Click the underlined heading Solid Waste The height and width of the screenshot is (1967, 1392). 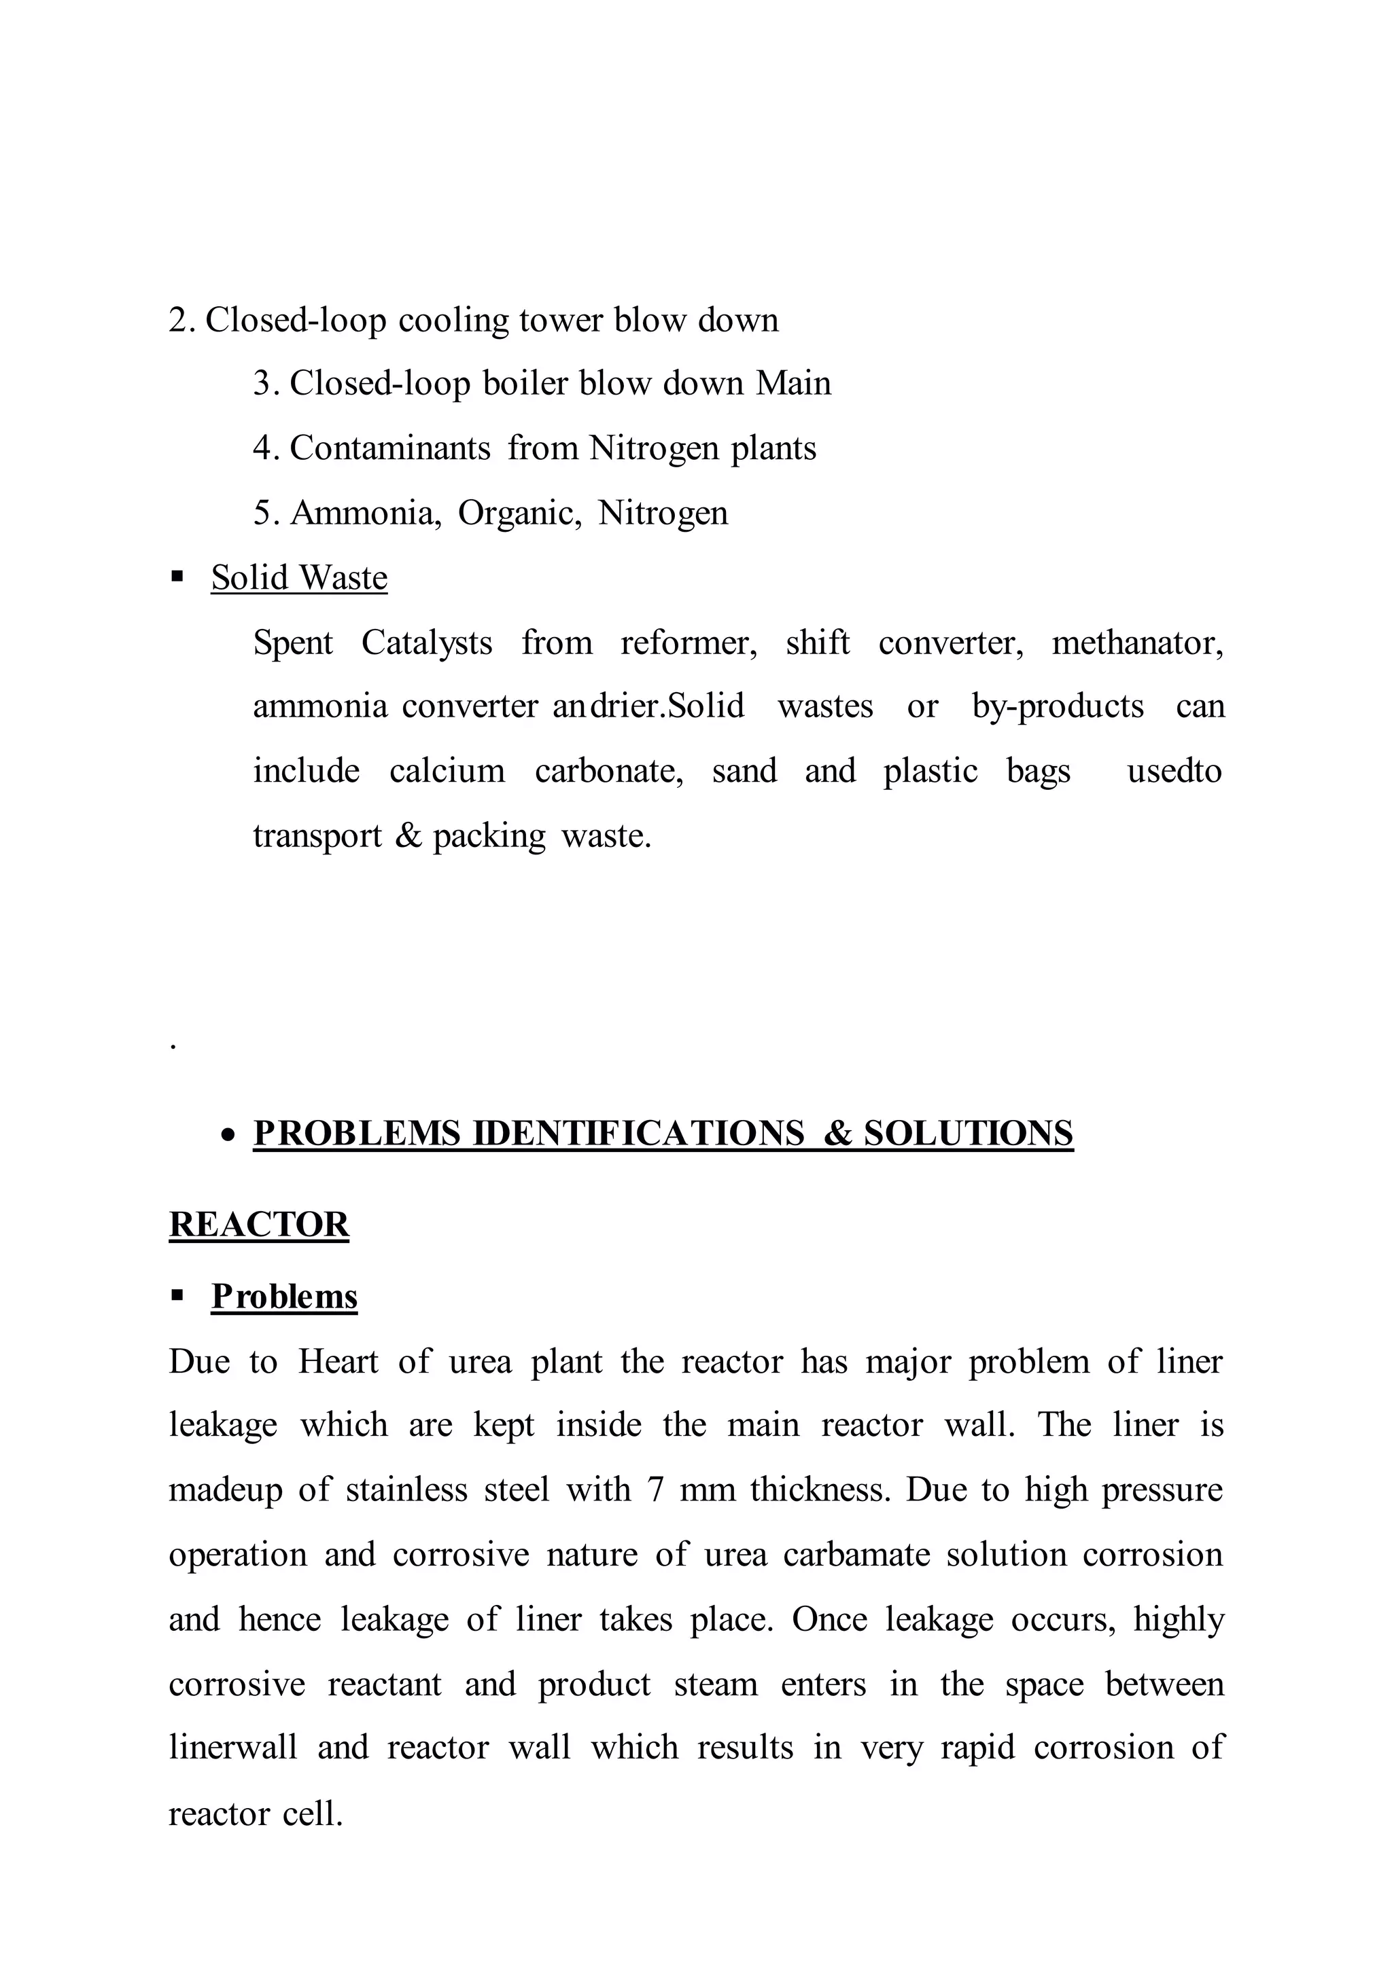point(298,577)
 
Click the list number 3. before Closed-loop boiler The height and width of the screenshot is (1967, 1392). point(266,384)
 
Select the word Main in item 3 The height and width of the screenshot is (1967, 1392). point(793,383)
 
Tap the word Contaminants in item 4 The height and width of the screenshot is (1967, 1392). point(390,448)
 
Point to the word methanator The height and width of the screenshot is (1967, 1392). point(1136,643)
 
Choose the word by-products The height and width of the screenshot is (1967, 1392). point(1057,707)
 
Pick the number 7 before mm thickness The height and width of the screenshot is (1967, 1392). point(656,1490)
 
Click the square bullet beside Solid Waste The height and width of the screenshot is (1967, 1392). point(177,577)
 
